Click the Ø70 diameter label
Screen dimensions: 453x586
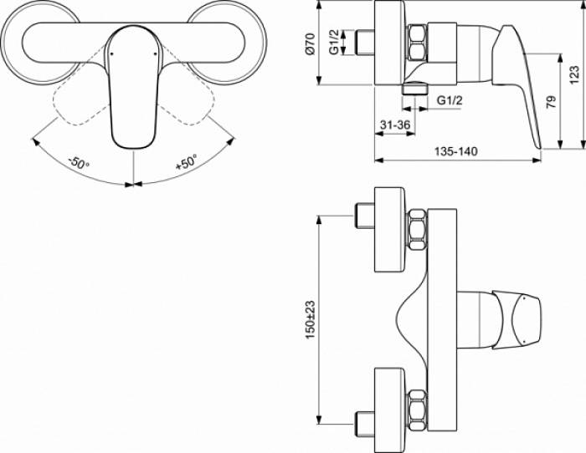(x=309, y=43)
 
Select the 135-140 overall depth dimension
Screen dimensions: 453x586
(x=456, y=151)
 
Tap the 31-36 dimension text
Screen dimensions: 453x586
(x=394, y=125)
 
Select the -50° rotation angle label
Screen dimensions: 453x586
(x=80, y=163)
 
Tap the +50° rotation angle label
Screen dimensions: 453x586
(x=186, y=162)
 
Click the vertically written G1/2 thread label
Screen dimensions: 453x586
(x=334, y=43)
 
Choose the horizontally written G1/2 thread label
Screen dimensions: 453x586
(x=450, y=100)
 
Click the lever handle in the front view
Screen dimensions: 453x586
(x=131, y=92)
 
